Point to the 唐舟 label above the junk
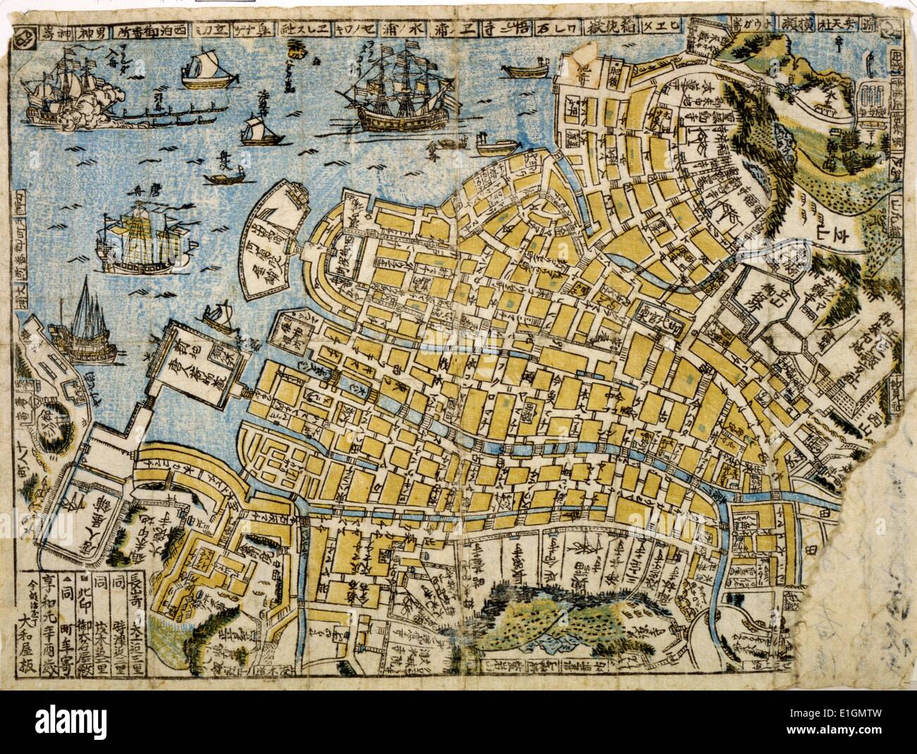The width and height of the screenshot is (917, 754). [x=137, y=190]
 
